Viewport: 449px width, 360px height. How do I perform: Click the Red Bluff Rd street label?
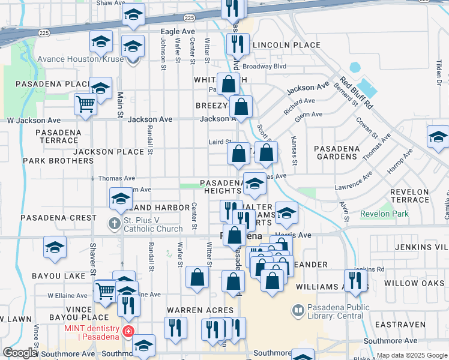tap(357, 93)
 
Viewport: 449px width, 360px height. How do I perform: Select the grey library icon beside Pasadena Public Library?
tap(297, 310)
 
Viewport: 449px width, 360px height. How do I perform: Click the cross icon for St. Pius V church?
tap(115, 224)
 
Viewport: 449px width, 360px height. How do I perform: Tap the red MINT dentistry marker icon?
tap(128, 331)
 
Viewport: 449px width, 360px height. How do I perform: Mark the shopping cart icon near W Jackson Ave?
tap(85, 104)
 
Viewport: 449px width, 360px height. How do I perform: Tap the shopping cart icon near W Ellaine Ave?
tap(105, 291)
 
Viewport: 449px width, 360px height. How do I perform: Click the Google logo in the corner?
tap(20, 353)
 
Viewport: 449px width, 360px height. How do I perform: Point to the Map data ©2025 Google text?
tap(411, 355)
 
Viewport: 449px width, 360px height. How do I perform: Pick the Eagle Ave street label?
tap(177, 31)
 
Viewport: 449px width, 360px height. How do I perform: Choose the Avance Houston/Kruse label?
tap(80, 59)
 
